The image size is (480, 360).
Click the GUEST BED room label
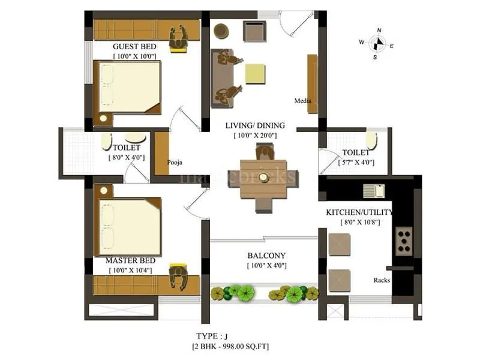click(134, 46)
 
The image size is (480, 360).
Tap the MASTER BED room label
click(131, 260)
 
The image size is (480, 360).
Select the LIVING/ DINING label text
click(255, 126)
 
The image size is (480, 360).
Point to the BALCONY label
click(266, 255)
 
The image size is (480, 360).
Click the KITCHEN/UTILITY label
click(359, 212)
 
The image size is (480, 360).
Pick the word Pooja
click(175, 162)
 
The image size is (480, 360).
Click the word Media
click(302, 101)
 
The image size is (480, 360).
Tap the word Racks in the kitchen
click(382, 280)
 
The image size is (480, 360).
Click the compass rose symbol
click(377, 43)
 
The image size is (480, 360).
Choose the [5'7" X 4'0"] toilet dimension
click(356, 162)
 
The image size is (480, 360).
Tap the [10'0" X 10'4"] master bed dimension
click(131, 271)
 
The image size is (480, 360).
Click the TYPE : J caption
click(211, 337)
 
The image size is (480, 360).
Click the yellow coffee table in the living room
click(254, 73)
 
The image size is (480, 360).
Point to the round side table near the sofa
click(221, 30)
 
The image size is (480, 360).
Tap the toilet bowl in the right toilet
click(371, 141)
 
